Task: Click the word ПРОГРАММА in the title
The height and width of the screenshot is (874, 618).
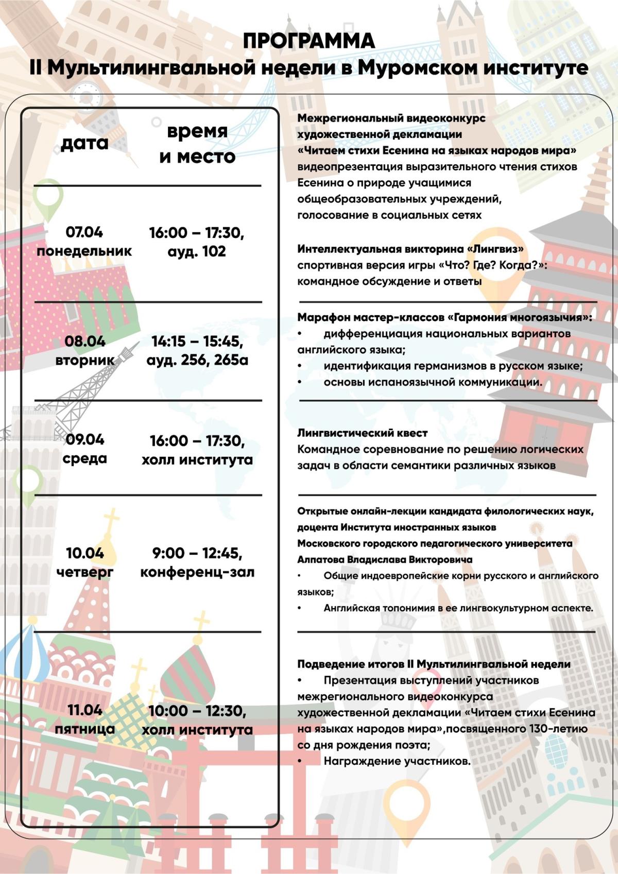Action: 308,41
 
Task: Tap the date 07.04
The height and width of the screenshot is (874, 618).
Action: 84,232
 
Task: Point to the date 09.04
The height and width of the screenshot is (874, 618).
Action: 85,439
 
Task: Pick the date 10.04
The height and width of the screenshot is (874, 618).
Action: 85,553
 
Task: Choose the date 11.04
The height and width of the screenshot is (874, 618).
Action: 85,710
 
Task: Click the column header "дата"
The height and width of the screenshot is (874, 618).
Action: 84,143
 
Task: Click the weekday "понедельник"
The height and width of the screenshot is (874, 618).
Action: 84,251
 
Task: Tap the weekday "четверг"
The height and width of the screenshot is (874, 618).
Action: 85,572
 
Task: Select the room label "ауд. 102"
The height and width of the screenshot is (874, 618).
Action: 197,251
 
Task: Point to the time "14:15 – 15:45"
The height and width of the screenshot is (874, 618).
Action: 197,341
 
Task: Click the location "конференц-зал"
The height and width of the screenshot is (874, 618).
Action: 197,572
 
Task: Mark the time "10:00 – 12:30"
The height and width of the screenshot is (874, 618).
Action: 197,711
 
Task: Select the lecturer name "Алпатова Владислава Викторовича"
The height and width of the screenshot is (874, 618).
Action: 385,559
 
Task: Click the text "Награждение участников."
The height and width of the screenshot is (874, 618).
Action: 397,761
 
